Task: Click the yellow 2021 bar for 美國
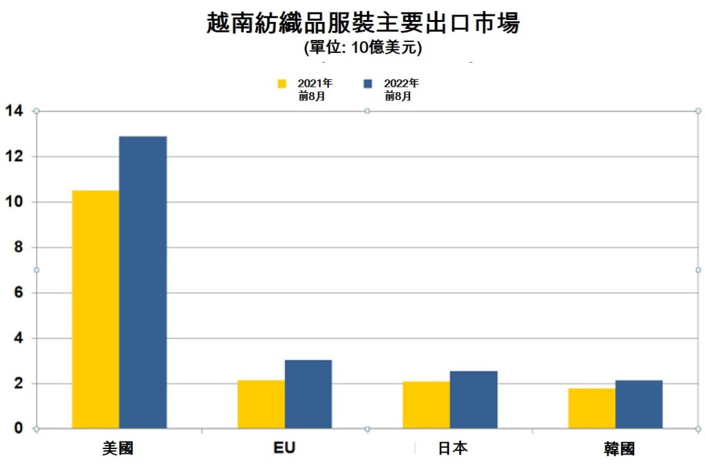pos(96,309)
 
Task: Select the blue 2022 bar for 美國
pos(143,282)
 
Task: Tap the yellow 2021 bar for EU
pos(261,404)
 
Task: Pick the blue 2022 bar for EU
pos(308,394)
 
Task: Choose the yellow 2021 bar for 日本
pos(426,405)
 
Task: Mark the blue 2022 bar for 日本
pos(474,399)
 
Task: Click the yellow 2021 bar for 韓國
pos(591,408)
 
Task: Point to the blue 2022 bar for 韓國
pos(639,404)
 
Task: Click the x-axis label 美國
pos(118,449)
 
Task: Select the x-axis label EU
pos(284,448)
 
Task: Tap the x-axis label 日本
pos(452,449)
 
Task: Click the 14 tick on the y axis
pos(14,111)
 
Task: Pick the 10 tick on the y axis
pos(14,202)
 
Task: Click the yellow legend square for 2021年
pos(282,83)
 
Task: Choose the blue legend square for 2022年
pos(368,83)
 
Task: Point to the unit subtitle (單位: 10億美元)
pos(363,48)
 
